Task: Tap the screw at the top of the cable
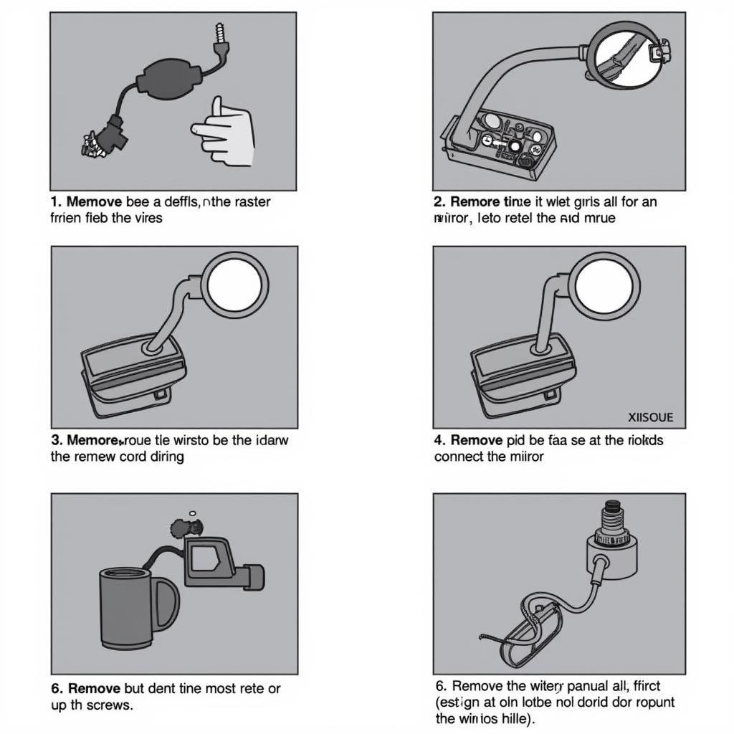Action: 219,35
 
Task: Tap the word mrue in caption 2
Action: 599,218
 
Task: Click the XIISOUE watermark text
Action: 650,416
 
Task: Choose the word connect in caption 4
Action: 459,457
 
